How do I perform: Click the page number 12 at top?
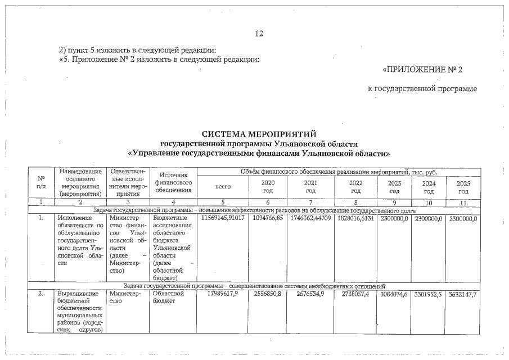coord(259,34)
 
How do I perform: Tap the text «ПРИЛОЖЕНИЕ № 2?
coord(422,70)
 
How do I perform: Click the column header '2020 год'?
coord(268,187)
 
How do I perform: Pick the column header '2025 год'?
coord(463,187)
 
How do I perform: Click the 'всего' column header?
coord(223,187)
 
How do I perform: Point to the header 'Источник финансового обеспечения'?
coord(173,183)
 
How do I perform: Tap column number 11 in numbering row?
coord(463,202)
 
